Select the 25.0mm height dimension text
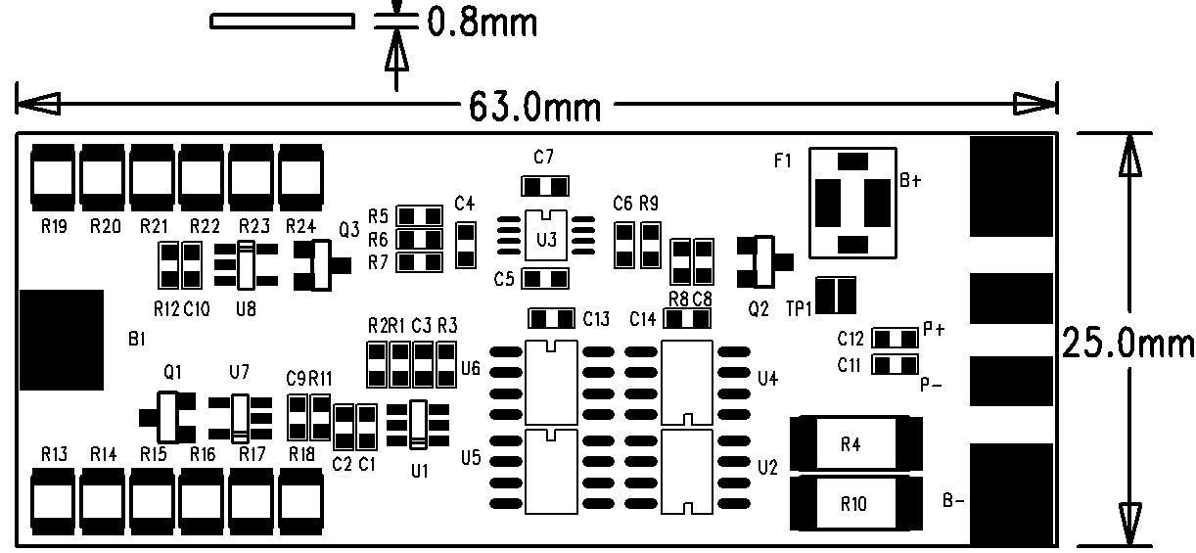tap(1127, 345)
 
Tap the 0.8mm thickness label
tap(481, 22)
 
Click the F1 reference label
tap(783, 161)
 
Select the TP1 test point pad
tap(836, 296)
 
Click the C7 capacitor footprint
tap(545, 186)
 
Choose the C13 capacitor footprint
tap(552, 318)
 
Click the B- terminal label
tap(954, 501)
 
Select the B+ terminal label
tap(910, 180)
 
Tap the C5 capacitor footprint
tap(545, 279)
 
